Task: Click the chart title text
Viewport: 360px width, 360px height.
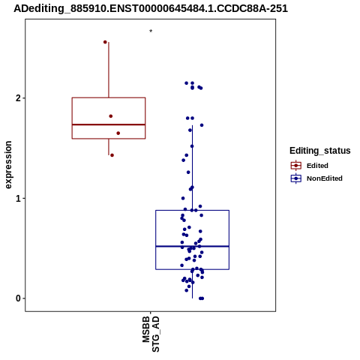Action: pyautogui.click(x=151, y=8)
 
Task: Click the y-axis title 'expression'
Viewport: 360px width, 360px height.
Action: pyautogui.click(x=8, y=165)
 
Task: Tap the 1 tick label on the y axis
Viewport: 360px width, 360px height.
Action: pyautogui.click(x=18, y=199)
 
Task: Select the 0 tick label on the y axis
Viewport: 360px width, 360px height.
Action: pyautogui.click(x=18, y=298)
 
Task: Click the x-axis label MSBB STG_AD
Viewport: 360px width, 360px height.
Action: pyautogui.click(x=151, y=334)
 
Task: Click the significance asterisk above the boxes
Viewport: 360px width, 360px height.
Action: pyautogui.click(x=151, y=31)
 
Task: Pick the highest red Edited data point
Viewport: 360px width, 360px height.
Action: pyautogui.click(x=105, y=42)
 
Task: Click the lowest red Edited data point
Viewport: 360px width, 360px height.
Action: pyautogui.click(x=112, y=155)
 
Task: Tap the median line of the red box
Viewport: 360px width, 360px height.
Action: pyautogui.click(x=109, y=124)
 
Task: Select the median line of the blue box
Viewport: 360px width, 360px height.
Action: pyautogui.click(x=192, y=247)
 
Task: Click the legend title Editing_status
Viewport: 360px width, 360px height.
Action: pyautogui.click(x=320, y=151)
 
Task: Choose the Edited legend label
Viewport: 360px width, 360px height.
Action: pyautogui.click(x=317, y=166)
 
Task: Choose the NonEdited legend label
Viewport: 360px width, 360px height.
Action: pyautogui.click(x=325, y=178)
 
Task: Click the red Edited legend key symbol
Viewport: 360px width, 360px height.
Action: pyautogui.click(x=296, y=166)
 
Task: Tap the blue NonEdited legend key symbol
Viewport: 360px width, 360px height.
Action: pyautogui.click(x=296, y=178)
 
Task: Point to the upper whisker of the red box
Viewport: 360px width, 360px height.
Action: pyautogui.click(x=109, y=70)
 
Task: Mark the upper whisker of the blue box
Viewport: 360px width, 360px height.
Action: pyautogui.click(x=192, y=168)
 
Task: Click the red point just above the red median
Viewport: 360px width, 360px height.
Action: pyautogui.click(x=111, y=116)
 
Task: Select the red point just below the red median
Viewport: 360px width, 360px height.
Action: pyautogui.click(x=118, y=133)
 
